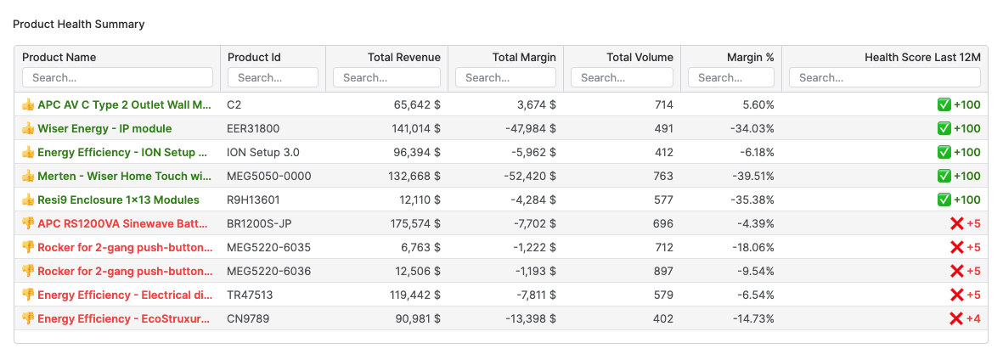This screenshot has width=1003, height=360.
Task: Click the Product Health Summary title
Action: click(78, 24)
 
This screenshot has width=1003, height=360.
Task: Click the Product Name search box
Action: click(117, 77)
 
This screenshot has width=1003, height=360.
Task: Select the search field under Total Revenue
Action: click(386, 77)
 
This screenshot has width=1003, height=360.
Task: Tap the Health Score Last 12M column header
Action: click(922, 57)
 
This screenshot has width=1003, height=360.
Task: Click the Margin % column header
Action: click(750, 57)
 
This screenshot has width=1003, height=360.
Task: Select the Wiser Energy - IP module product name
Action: click(104, 128)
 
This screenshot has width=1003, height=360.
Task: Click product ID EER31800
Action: click(253, 128)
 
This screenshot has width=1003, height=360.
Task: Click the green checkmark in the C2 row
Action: click(944, 104)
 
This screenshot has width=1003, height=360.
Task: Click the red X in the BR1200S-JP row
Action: click(956, 223)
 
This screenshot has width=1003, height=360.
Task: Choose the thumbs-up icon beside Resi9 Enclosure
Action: click(28, 200)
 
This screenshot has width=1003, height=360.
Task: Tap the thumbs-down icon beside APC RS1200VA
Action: click(28, 223)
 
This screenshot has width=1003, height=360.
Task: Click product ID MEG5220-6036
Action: click(268, 271)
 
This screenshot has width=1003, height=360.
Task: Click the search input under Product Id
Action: click(273, 77)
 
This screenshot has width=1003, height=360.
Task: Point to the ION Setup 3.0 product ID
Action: click(262, 152)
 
